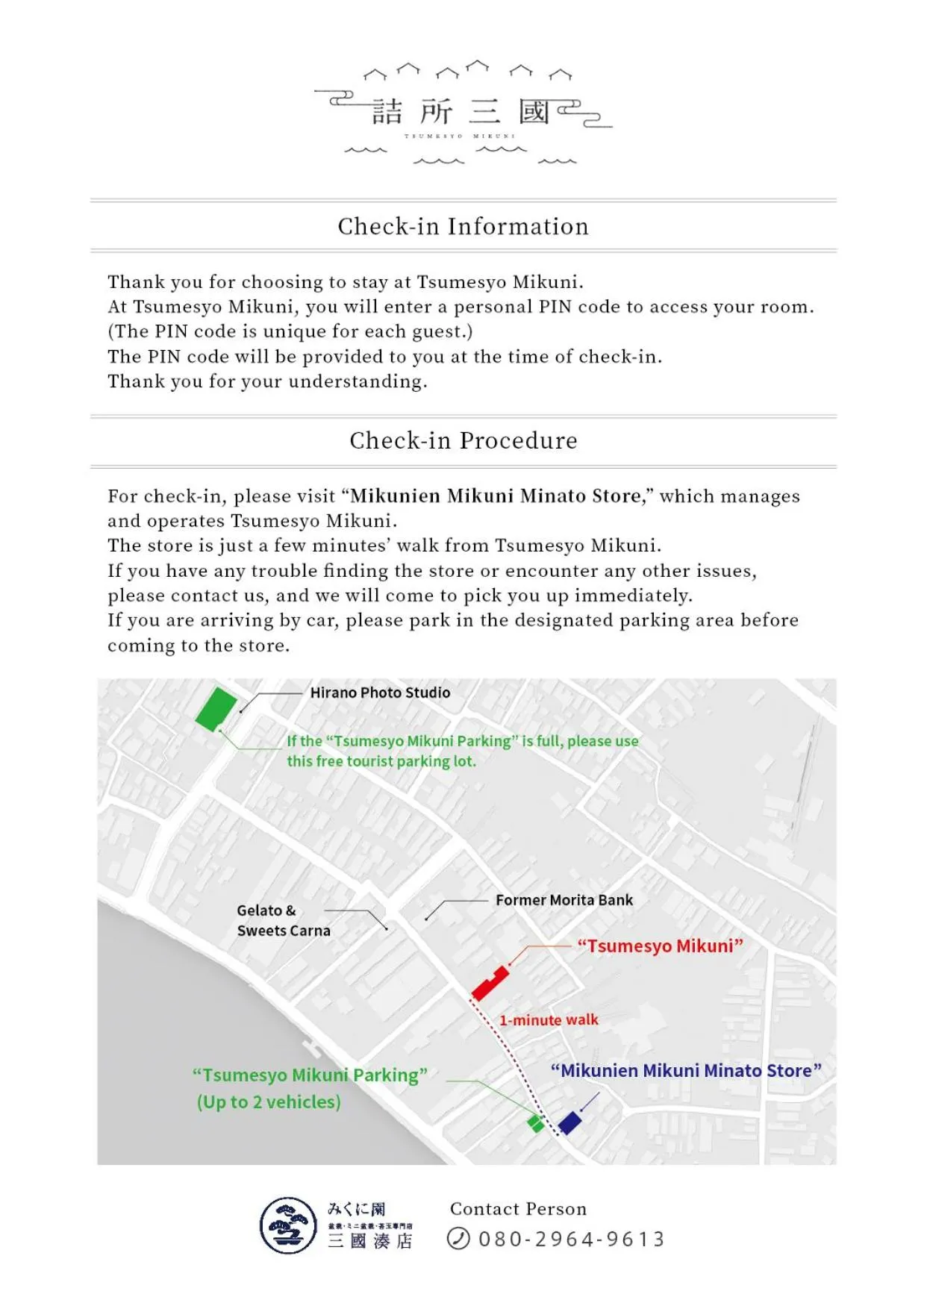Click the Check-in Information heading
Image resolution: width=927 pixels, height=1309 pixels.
(463, 226)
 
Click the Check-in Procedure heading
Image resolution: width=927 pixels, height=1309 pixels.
(463, 440)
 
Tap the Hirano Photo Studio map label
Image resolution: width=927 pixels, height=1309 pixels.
(380, 693)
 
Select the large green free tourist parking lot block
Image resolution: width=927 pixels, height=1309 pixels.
(216, 708)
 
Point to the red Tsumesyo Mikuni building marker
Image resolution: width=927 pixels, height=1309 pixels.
(490, 984)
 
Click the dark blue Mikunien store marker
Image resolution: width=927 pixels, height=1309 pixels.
(570, 1122)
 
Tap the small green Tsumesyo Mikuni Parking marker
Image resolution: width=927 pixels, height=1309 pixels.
(535, 1123)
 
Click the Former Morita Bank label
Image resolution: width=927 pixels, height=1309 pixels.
(564, 900)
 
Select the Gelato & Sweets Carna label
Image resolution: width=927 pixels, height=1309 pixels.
(283, 920)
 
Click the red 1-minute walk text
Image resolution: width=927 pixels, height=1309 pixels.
(549, 1020)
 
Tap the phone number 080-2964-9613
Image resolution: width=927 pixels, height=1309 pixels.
(571, 1239)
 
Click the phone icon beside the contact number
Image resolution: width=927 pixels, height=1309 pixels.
(458, 1239)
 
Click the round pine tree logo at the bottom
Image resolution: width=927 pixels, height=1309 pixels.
(288, 1225)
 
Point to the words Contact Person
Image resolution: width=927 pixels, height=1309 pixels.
(518, 1209)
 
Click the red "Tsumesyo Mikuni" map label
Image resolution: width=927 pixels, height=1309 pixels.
(660, 946)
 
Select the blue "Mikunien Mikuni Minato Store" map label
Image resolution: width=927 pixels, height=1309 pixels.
(685, 1071)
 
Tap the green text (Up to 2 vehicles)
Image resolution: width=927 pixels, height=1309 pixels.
(269, 1102)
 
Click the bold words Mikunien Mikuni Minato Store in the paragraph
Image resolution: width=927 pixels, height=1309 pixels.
(496, 496)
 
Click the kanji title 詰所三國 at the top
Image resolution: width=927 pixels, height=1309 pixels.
(461, 113)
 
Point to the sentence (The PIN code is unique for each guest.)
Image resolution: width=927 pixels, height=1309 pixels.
(290, 331)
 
